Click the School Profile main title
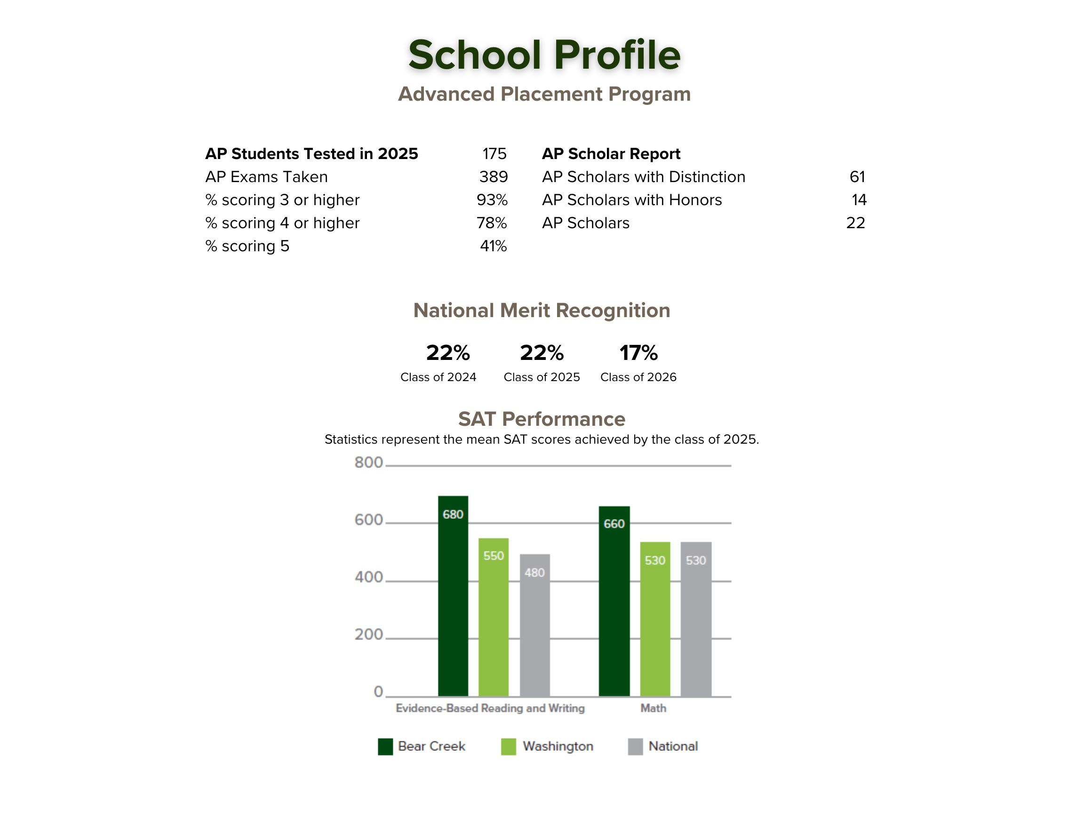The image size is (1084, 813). (x=544, y=55)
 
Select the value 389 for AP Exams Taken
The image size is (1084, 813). (x=493, y=177)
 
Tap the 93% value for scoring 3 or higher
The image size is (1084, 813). (x=492, y=200)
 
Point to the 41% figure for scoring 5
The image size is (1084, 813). (x=493, y=246)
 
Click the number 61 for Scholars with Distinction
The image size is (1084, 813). (x=857, y=177)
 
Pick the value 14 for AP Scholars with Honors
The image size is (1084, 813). (x=859, y=200)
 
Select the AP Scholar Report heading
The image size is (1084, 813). (x=611, y=154)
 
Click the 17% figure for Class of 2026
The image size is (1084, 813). (x=638, y=353)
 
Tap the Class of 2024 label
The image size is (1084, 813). (x=438, y=377)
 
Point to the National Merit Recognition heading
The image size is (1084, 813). (x=542, y=311)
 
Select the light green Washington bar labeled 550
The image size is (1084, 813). (x=494, y=617)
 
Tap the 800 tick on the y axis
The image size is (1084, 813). (x=368, y=462)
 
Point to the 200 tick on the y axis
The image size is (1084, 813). (x=368, y=635)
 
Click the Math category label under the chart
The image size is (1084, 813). (x=653, y=708)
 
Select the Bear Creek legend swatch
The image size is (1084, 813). (x=385, y=747)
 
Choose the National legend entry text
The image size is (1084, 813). (x=673, y=746)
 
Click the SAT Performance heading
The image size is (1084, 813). (x=542, y=420)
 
